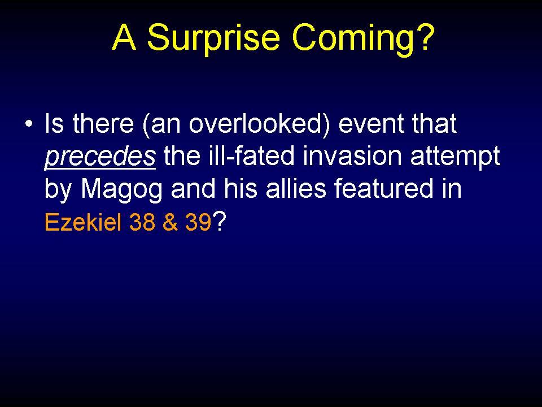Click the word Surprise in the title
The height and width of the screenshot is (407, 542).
click(213, 38)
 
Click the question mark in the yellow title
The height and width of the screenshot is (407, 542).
click(425, 36)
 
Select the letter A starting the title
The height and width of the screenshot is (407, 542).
click(124, 37)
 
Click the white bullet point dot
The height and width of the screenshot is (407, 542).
click(29, 124)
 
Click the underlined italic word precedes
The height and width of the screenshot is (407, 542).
click(100, 157)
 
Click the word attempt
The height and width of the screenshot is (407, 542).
click(455, 157)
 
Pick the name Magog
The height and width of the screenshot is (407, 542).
click(121, 190)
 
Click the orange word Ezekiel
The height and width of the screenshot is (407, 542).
click(83, 222)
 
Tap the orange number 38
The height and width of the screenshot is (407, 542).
click(142, 222)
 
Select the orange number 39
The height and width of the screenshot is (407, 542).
click(198, 222)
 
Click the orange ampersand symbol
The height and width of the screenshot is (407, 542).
click(170, 222)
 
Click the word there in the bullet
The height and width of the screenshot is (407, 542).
click(103, 123)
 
